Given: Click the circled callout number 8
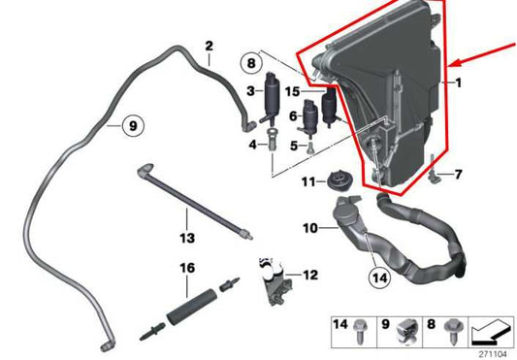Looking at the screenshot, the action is pyautogui.click(x=251, y=63).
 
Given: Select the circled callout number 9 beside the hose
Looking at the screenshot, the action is pyautogui.click(x=133, y=125).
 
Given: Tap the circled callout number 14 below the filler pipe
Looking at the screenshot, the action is pyautogui.click(x=379, y=278).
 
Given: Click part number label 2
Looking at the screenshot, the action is pyautogui.click(x=210, y=47).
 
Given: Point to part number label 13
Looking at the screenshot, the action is pyautogui.click(x=187, y=238).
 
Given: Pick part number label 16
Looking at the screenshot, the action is pyautogui.click(x=187, y=268).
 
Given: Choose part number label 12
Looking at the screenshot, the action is pyautogui.click(x=310, y=275).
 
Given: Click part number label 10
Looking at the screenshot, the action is pyautogui.click(x=310, y=228).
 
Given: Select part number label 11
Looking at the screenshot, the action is pyautogui.click(x=308, y=181).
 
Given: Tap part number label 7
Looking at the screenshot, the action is pyautogui.click(x=458, y=175).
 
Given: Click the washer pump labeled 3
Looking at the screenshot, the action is pyautogui.click(x=272, y=97).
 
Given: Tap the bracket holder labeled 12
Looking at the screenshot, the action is pyautogui.click(x=275, y=281).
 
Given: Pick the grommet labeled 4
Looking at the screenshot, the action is pyautogui.click(x=272, y=139).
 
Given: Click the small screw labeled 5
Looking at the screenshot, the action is pyautogui.click(x=310, y=147).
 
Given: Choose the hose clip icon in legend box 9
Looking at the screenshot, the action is pyautogui.click(x=408, y=331).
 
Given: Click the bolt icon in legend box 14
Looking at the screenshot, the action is pyautogui.click(x=360, y=331).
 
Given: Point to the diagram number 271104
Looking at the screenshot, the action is pyautogui.click(x=492, y=354).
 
